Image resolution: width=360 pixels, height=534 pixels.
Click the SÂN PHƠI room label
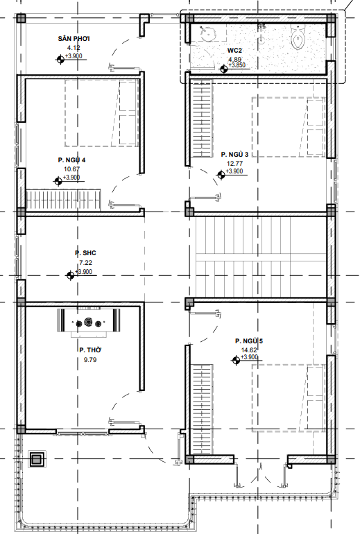pos(74,38)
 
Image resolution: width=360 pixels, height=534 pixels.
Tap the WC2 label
pos(234,51)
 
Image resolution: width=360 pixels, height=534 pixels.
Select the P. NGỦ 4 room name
pos(71,160)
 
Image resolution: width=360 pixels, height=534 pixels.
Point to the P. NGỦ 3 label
pos(234,154)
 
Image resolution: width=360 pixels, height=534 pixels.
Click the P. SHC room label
pos(85,253)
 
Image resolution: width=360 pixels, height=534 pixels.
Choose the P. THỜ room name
pos(90,350)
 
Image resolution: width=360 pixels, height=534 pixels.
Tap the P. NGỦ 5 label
pos(249,341)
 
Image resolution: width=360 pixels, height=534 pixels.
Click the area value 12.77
pos(234,164)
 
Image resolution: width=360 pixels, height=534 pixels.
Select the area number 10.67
pos(71,169)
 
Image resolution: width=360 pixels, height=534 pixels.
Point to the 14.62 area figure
pos(249,350)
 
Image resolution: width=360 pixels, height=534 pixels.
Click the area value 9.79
pos(90,360)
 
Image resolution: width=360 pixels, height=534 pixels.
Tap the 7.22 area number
pos(85,263)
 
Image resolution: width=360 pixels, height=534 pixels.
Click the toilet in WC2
pos(298,37)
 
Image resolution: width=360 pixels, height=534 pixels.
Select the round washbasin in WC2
pos(207,33)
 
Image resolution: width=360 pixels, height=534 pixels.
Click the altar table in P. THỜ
pos(89,322)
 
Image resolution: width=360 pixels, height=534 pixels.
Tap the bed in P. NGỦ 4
pos(102,114)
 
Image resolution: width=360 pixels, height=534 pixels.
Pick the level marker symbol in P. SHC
pos(70,275)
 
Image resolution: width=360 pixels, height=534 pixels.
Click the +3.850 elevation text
pos(237,65)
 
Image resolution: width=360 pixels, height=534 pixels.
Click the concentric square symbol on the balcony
pos(37,459)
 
